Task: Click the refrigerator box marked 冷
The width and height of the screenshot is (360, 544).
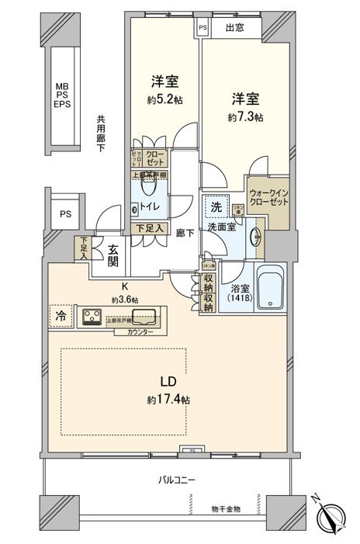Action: point(61,315)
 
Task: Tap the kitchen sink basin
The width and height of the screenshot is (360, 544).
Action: point(144,315)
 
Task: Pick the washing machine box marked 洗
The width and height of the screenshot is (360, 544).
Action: point(217,207)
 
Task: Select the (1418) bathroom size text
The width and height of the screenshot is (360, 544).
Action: point(234,299)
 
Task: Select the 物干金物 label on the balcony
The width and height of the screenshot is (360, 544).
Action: point(226,508)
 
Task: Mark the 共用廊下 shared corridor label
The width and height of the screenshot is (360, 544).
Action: point(101,134)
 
